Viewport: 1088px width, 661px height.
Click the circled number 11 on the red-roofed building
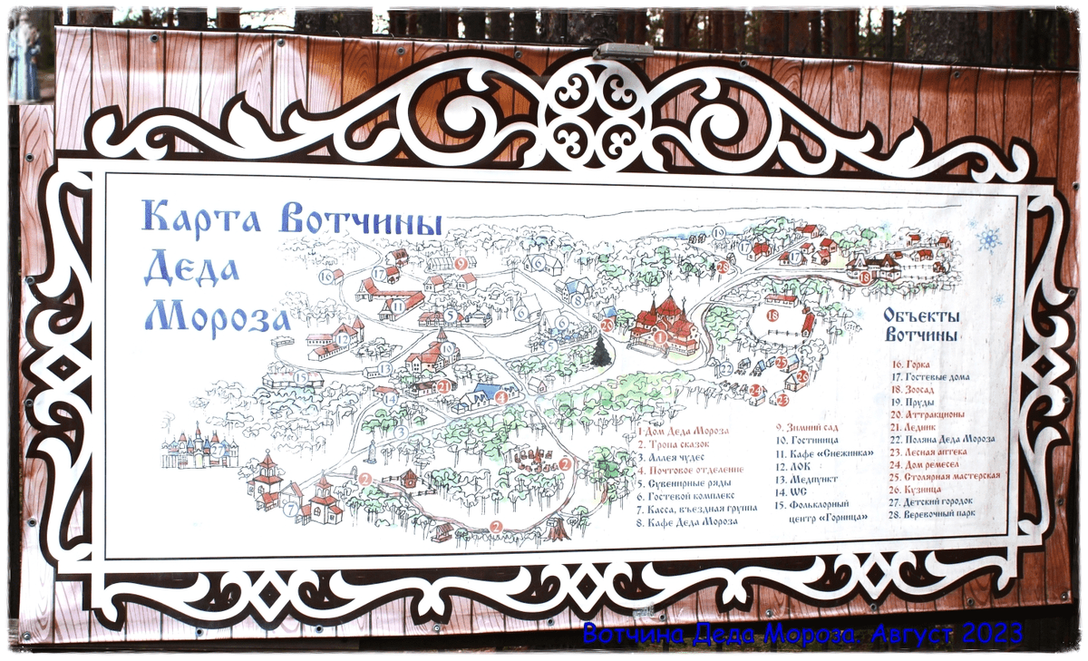pyautogui.click(x=396, y=308)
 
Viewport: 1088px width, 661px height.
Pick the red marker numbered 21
pyautogui.click(x=444, y=386)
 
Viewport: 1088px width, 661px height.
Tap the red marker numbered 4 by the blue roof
pyautogui.click(x=501, y=397)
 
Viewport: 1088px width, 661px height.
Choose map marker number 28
pyautogui.click(x=723, y=267)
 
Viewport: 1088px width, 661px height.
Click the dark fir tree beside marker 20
pyautogui.click(x=600, y=351)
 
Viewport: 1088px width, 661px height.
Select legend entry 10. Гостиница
pyautogui.click(x=812, y=439)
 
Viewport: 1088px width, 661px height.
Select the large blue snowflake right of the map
pyautogui.click(x=988, y=239)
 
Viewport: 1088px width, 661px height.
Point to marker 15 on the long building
pyautogui.click(x=300, y=377)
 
